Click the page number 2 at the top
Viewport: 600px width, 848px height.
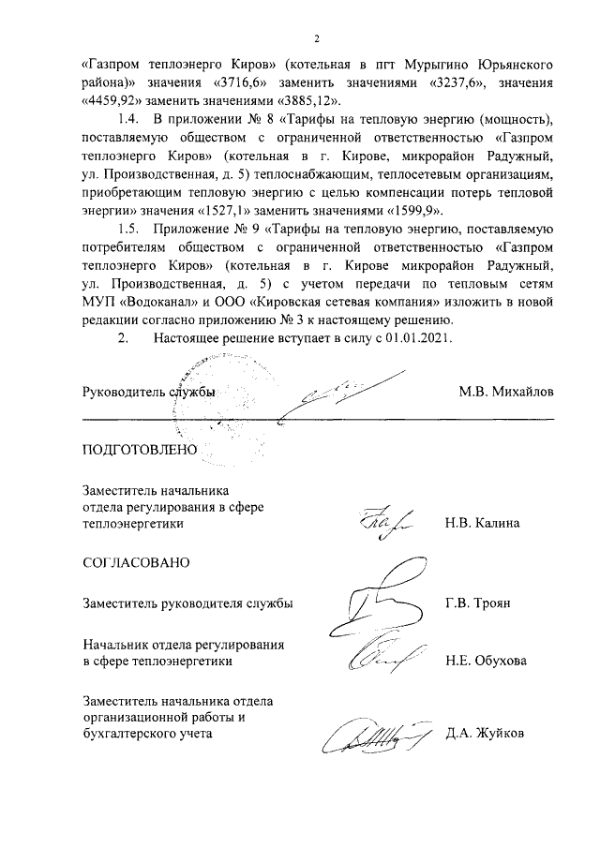point(317,39)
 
